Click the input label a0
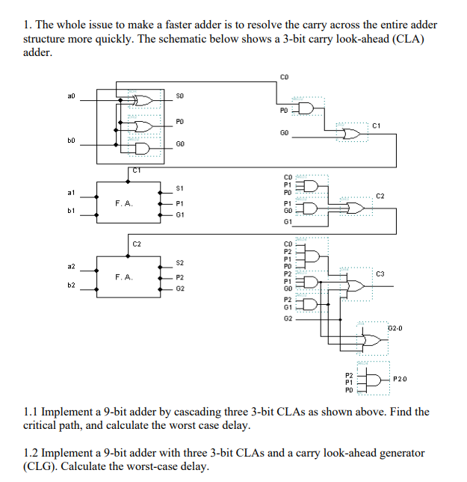(x=71, y=96)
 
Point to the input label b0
(x=71, y=140)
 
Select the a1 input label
(x=71, y=192)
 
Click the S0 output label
(x=180, y=96)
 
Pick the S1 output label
(x=180, y=188)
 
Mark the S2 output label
(x=180, y=263)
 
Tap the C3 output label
(x=381, y=275)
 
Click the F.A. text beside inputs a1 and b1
(x=124, y=203)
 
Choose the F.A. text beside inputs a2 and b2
(x=124, y=277)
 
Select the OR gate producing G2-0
(x=368, y=340)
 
